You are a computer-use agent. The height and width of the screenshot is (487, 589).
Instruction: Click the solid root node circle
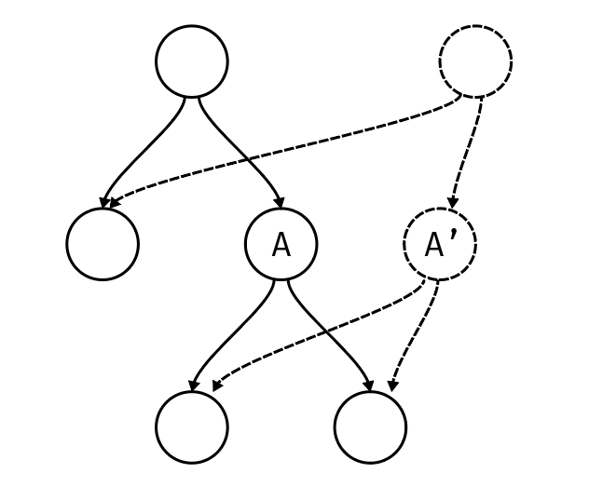[x=192, y=61]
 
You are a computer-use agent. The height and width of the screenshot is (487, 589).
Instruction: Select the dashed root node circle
[x=475, y=61]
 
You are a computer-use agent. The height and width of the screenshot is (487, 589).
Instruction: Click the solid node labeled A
[x=281, y=244]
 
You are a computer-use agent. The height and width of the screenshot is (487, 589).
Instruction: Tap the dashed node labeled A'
[x=439, y=244]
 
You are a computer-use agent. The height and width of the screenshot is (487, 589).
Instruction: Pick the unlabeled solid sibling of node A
[x=103, y=244]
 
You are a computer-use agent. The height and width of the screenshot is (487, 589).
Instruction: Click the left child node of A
[x=192, y=427]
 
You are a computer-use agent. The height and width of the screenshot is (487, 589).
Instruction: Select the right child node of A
[x=370, y=427]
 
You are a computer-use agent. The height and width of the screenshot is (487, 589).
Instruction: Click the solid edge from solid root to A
[x=244, y=149]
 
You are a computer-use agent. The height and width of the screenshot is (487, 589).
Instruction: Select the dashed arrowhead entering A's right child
[x=393, y=384]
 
